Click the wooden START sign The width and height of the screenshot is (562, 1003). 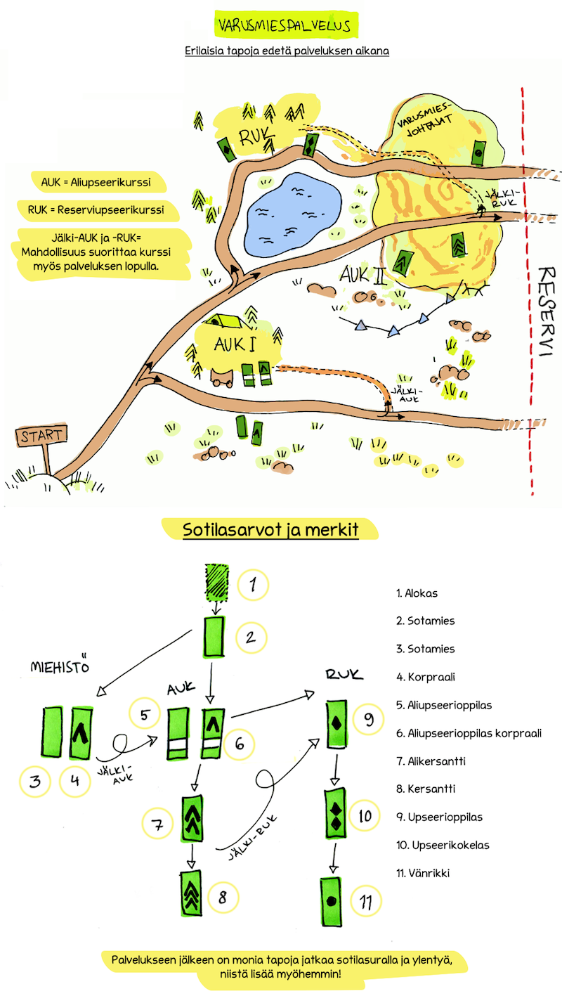pyautogui.click(x=41, y=435)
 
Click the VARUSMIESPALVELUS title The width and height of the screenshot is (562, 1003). pyautogui.click(x=285, y=25)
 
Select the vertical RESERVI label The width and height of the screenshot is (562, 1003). pyautogui.click(x=547, y=311)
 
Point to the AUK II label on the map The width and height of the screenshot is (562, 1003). pyautogui.click(x=363, y=276)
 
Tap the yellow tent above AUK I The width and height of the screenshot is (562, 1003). pyautogui.click(x=226, y=321)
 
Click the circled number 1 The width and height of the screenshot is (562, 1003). pyautogui.click(x=253, y=584)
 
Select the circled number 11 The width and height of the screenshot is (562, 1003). pyautogui.click(x=365, y=900)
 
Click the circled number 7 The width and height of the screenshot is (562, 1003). pyautogui.click(x=157, y=824)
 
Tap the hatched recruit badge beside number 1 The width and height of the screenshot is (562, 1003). pyautogui.click(x=217, y=583)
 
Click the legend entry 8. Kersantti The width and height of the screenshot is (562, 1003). pyautogui.click(x=426, y=789)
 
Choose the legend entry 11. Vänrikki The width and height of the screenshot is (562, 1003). pyautogui.click(x=423, y=873)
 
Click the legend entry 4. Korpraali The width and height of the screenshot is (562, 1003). pyautogui.click(x=426, y=677)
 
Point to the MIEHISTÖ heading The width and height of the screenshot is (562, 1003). pyautogui.click(x=60, y=666)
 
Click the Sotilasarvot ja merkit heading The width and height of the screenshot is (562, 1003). pyautogui.click(x=270, y=530)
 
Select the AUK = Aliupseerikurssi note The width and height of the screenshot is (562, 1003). pyautogui.click(x=96, y=182)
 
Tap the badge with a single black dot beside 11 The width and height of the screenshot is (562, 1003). pyautogui.click(x=331, y=901)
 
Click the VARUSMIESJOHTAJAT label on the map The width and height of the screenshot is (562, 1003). pyautogui.click(x=425, y=119)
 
